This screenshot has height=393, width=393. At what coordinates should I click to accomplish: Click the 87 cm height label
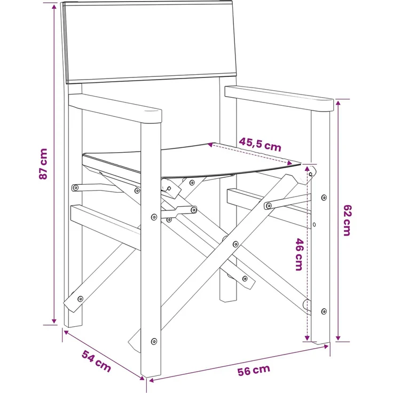[43, 164]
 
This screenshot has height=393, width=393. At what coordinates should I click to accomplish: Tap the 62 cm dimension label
[347, 221]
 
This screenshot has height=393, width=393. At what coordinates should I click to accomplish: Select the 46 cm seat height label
[299, 254]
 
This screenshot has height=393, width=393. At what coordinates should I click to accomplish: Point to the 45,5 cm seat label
[260, 145]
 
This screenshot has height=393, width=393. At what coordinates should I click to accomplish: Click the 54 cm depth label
[96, 361]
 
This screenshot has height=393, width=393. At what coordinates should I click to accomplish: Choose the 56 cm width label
[254, 370]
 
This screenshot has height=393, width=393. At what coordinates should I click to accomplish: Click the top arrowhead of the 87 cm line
[54, 6]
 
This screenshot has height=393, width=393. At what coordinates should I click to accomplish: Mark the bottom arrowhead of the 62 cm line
[338, 338]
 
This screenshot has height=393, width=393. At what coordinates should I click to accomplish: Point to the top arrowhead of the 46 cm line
[307, 168]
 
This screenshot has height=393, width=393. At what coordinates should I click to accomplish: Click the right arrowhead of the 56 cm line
[326, 347]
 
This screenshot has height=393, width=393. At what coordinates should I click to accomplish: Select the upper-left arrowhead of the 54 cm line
[66, 333]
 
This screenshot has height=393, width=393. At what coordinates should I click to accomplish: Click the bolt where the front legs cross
[235, 244]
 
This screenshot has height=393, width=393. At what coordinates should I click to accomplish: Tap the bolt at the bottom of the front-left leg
[154, 341]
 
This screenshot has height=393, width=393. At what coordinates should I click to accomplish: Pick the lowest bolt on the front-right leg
[324, 311]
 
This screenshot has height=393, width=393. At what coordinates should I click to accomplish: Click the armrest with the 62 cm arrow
[279, 98]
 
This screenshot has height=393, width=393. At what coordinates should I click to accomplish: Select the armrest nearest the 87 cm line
[115, 108]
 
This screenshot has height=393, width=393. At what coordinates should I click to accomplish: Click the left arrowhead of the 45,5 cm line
[210, 145]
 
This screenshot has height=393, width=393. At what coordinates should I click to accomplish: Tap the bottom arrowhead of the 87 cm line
[54, 321]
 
